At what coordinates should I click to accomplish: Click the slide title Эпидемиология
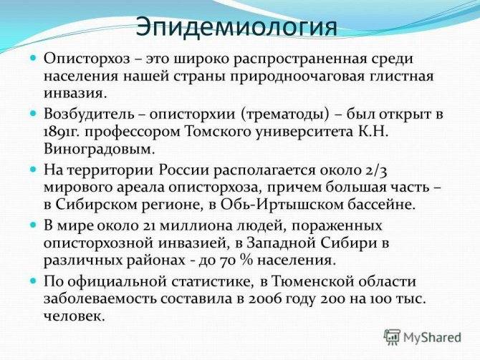coord(236,27)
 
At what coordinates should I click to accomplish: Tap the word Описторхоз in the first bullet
coord(87,59)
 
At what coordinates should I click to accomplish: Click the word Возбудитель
coord(89,115)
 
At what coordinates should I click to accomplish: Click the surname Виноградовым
coord(97,150)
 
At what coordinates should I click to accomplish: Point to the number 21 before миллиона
coord(150,226)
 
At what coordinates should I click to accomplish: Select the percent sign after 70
coord(246,261)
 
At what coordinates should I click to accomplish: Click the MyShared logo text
coord(432,338)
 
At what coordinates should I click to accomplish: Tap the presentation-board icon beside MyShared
coord(392,337)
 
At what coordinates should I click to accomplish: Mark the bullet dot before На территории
coord(34,169)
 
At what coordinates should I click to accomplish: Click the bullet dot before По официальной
coord(34,281)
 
